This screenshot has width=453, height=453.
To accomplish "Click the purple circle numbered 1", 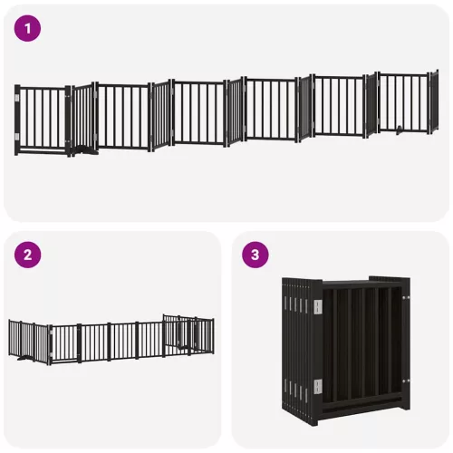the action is click(27, 28).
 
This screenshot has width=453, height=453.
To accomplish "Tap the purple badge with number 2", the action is click(27, 255).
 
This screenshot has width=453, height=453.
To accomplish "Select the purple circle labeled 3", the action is click(255, 255).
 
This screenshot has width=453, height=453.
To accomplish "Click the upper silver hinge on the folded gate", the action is click(318, 306).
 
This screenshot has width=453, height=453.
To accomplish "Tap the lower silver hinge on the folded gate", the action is click(318, 387).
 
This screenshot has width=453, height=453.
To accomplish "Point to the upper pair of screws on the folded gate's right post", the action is click(406, 298).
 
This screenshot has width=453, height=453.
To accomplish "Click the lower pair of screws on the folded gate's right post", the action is click(406, 381).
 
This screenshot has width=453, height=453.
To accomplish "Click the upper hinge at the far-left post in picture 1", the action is click(17, 98).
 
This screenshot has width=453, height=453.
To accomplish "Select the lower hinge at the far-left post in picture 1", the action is click(17, 137).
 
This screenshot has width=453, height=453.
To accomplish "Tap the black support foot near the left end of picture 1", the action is click(87, 150).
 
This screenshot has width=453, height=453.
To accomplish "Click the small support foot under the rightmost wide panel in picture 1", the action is click(400, 130).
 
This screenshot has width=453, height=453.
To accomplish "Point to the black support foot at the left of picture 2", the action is click(24, 359).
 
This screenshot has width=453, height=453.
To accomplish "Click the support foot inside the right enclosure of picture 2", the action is click(182, 347).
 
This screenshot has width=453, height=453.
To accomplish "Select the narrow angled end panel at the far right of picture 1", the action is click(434, 101).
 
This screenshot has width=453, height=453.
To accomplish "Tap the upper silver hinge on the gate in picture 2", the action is click(51, 333).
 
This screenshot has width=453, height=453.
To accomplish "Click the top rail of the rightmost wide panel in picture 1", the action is click(403, 74).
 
